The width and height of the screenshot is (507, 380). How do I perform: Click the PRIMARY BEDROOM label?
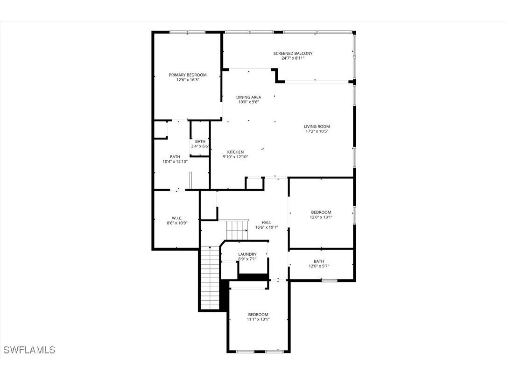[x=187, y=75]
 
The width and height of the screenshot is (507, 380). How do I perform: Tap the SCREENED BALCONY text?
[x=293, y=53]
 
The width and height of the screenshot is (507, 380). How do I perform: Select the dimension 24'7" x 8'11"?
[x=293, y=58]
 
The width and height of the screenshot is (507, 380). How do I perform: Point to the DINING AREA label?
[x=248, y=97]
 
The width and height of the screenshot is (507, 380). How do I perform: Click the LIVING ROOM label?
[x=317, y=126]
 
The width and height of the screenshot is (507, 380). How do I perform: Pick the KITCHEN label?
[x=235, y=152]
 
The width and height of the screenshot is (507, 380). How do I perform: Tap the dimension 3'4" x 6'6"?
[x=200, y=146]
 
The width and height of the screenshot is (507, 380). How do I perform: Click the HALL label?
[x=266, y=222]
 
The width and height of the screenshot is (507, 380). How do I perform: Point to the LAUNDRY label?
[x=247, y=254]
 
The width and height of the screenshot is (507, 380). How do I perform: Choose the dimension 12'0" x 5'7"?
[x=319, y=266]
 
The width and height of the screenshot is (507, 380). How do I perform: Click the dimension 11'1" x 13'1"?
[x=258, y=319]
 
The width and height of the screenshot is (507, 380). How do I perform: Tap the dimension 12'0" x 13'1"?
[x=321, y=217]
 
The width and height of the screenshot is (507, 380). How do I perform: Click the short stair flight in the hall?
[x=237, y=229]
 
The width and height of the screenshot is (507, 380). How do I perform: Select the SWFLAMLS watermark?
[x=29, y=350]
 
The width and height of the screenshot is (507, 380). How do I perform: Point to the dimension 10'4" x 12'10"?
[x=175, y=162]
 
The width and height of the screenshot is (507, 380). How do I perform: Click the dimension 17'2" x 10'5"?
[x=317, y=131]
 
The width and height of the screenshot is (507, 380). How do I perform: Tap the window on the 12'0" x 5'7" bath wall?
[x=329, y=281]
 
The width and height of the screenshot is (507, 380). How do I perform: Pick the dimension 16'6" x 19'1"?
[x=266, y=227]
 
